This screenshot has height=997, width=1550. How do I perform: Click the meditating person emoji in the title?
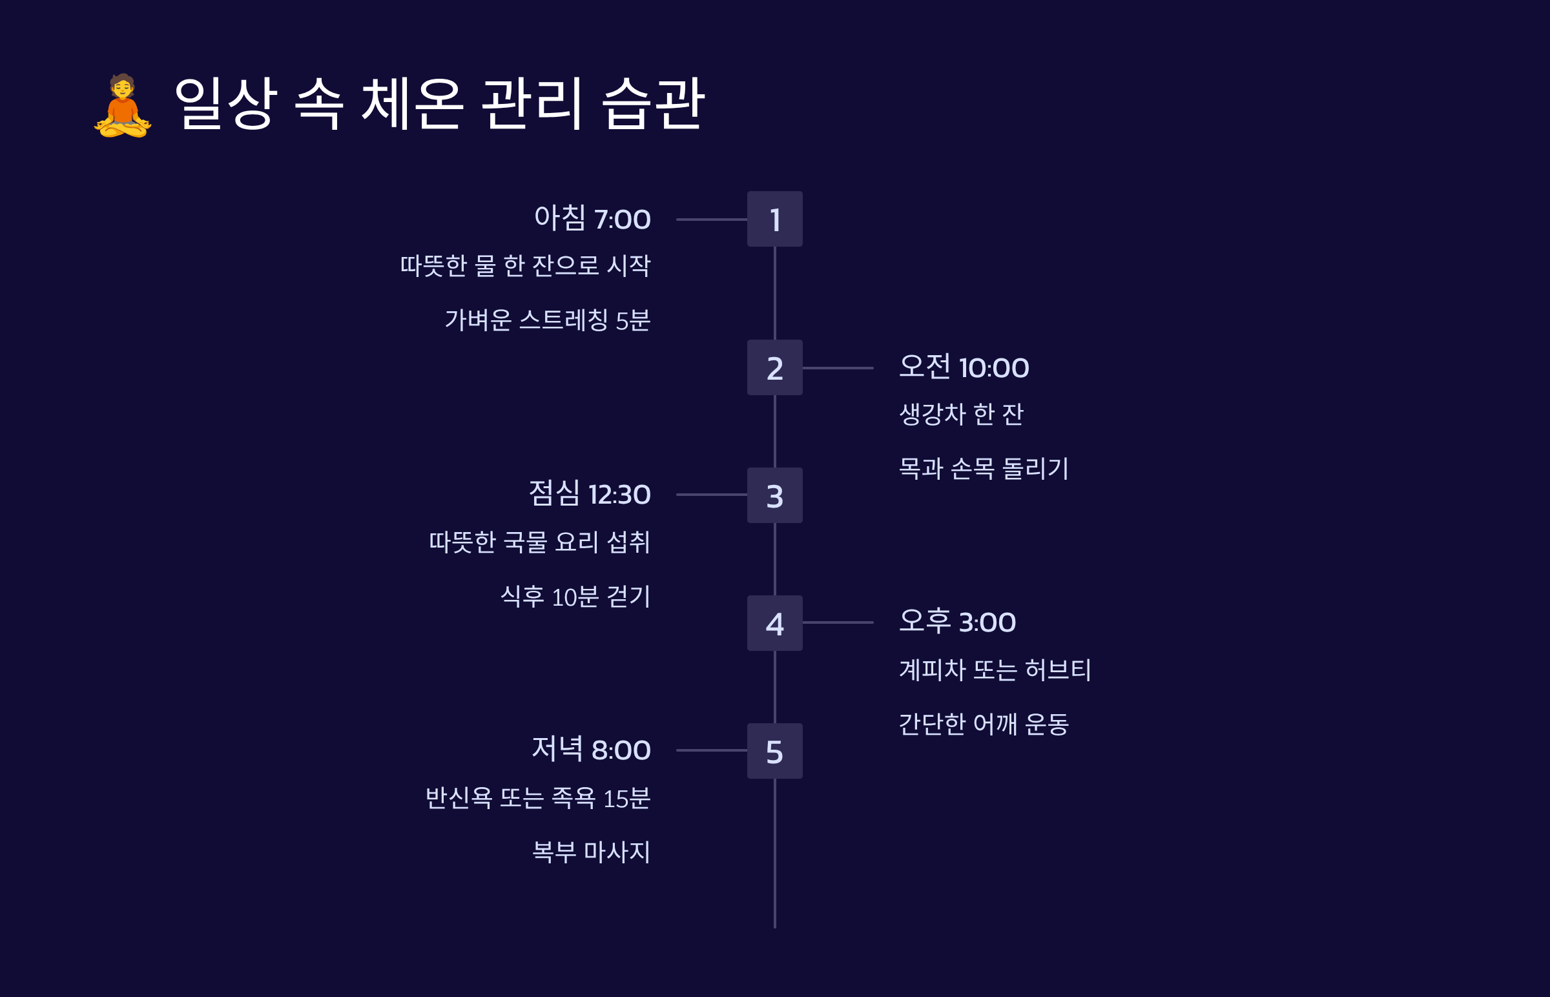[x=122, y=105]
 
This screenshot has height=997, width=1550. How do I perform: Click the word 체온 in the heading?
[x=412, y=103]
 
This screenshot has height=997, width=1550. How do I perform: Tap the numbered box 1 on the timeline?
[x=774, y=219]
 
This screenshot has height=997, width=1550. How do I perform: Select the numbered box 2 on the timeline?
[x=774, y=367]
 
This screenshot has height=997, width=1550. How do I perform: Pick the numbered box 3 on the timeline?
[x=774, y=495]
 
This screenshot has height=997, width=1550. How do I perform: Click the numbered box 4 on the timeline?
[x=774, y=622]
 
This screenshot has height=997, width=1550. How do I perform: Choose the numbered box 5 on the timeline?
[x=774, y=751]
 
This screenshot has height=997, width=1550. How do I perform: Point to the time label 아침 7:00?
[x=592, y=218]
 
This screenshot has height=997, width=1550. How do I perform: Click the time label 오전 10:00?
[x=964, y=367]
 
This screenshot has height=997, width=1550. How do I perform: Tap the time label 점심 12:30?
[x=589, y=494]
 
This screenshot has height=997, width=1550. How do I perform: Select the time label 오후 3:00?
[x=957, y=621]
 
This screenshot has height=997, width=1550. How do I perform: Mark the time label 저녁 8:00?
[x=590, y=749]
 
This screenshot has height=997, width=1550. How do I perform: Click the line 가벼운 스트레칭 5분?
[x=547, y=320]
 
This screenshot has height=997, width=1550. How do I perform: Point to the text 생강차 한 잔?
[x=961, y=415]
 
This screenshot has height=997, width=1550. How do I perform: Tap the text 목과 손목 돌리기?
[x=983, y=468]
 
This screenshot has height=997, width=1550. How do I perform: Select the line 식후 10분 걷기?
[x=575, y=596]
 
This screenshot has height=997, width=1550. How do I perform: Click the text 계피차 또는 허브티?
[x=995, y=670]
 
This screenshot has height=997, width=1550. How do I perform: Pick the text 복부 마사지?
[x=590, y=852]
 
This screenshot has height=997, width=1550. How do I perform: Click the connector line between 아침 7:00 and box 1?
[x=711, y=220]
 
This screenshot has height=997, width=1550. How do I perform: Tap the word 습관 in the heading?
[x=653, y=103]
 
